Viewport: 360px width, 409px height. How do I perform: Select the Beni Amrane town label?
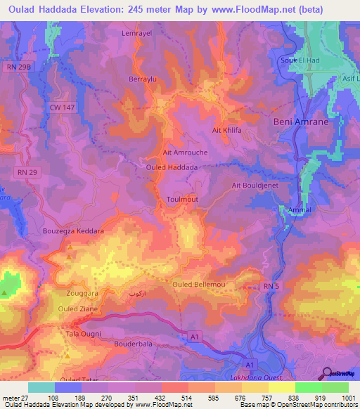pos(296,122)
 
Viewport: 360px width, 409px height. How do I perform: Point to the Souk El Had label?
pos(300,60)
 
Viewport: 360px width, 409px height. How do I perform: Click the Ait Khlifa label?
pos(226,131)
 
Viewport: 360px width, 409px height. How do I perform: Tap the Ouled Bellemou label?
pos(198,283)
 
